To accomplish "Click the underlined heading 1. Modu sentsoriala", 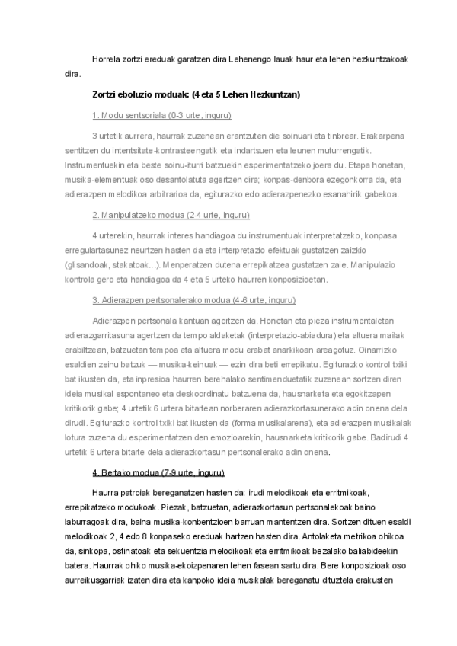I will click(161, 116).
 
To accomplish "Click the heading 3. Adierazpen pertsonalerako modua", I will click(193, 299).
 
